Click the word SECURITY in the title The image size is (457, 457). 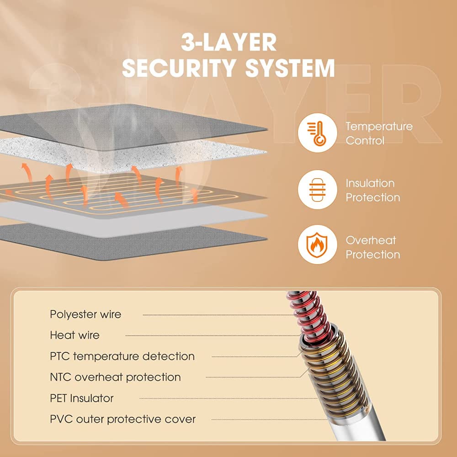(x=179, y=68)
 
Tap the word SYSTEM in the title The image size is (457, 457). (x=290, y=68)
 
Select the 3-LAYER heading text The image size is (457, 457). (x=229, y=42)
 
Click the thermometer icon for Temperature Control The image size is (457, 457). (x=318, y=133)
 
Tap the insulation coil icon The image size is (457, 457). (x=318, y=190)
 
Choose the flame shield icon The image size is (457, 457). (x=318, y=244)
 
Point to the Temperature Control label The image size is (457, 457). (x=379, y=133)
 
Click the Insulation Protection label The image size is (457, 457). (x=373, y=190)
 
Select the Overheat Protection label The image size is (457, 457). (x=373, y=247)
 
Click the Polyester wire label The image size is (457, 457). (x=85, y=314)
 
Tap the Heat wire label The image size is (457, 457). (x=74, y=335)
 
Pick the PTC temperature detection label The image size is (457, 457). (x=122, y=356)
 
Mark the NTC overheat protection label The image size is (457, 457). (x=116, y=377)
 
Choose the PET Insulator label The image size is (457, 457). (x=82, y=398)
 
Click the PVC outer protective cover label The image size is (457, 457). (x=122, y=419)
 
